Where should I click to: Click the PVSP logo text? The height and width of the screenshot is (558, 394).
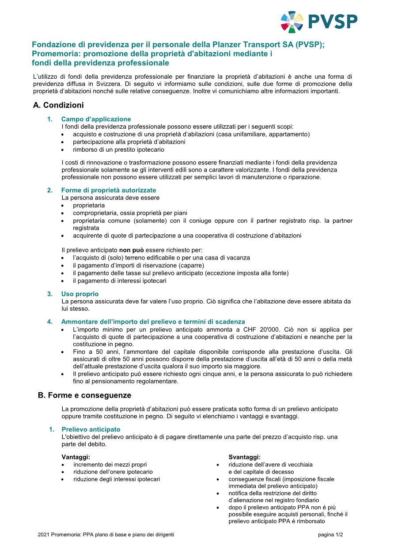(x=333, y=21)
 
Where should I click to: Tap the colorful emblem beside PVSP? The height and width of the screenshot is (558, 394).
(x=292, y=22)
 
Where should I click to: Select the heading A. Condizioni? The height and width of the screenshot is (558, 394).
(x=58, y=105)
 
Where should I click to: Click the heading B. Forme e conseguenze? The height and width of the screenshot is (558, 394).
(x=84, y=395)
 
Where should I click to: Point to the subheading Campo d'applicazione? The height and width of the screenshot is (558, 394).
(x=96, y=119)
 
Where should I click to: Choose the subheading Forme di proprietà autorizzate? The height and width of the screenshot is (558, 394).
(x=108, y=190)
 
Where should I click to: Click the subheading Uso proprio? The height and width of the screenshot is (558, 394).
(x=80, y=294)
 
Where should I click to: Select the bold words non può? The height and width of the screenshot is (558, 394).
(x=132, y=250)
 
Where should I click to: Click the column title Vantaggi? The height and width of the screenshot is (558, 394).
(x=76, y=457)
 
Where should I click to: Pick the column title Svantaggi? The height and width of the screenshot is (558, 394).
(x=244, y=457)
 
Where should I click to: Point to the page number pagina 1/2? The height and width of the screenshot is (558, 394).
(x=330, y=535)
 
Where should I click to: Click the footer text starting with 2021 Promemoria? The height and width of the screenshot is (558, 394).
(x=106, y=535)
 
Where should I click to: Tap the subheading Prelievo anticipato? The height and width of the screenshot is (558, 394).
(x=91, y=429)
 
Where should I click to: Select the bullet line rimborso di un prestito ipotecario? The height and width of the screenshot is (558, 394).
(x=112, y=149)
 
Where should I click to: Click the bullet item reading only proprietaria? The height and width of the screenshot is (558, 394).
(x=89, y=206)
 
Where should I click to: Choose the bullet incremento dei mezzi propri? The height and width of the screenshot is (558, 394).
(x=110, y=465)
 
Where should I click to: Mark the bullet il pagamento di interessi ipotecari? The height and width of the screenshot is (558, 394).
(x=119, y=281)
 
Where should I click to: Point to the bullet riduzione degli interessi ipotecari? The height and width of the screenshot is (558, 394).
(x=117, y=479)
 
